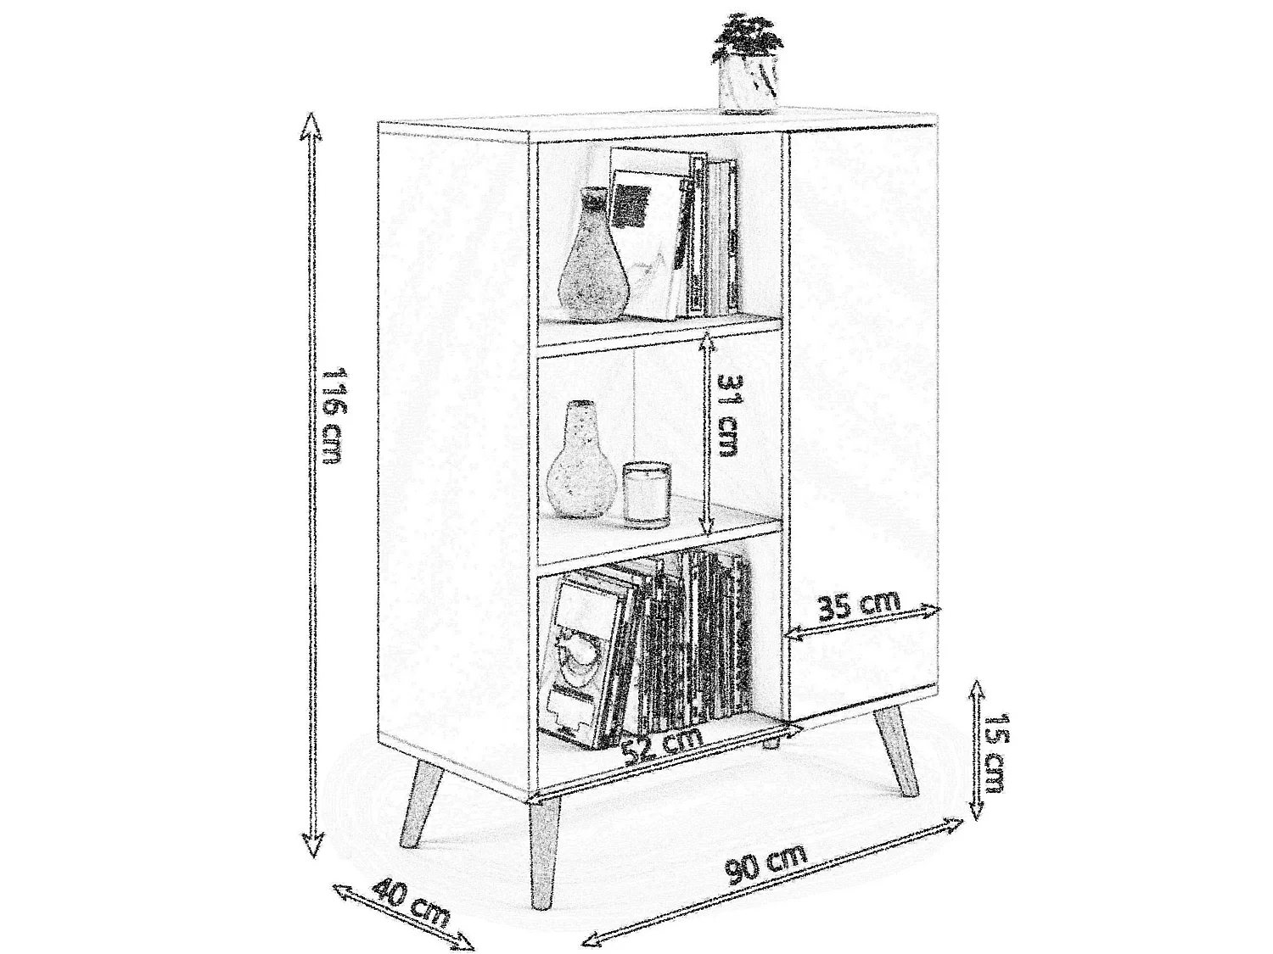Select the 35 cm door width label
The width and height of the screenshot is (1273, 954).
(859, 606)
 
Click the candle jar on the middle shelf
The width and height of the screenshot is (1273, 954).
(647, 494)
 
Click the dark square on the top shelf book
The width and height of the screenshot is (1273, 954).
(631, 205)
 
